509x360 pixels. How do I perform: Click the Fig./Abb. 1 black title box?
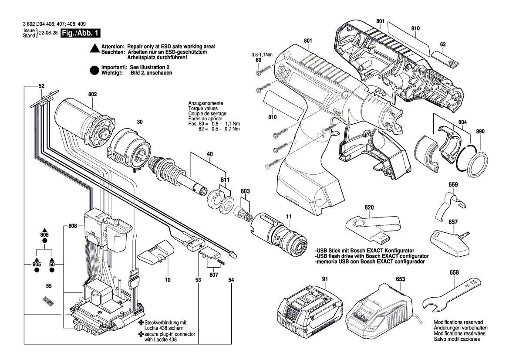tap(81, 33)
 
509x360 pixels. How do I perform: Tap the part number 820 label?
tap(369, 208)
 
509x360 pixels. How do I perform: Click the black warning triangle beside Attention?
tap(94, 49)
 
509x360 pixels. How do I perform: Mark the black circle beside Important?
tap(94, 70)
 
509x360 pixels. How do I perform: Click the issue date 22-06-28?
tap(48, 33)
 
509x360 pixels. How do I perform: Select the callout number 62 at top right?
tap(443, 44)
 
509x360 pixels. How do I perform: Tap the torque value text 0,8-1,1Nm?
tap(262, 54)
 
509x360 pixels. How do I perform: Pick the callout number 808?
tap(73, 226)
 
